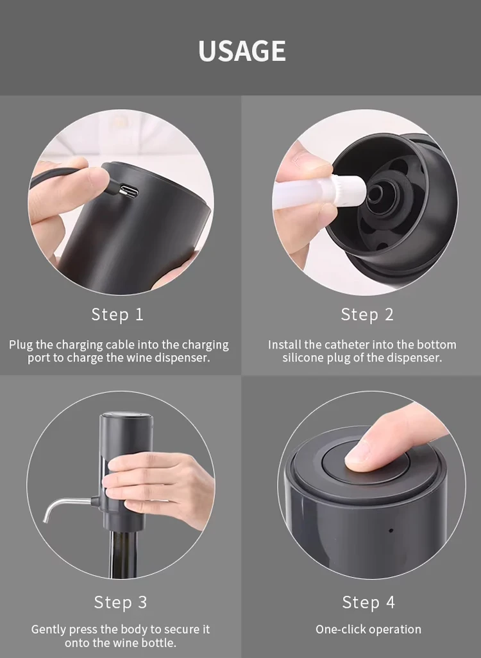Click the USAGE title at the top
[242, 51]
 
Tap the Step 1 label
[117, 315]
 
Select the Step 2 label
[367, 315]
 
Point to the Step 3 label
[121, 602]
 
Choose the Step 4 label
[369, 602]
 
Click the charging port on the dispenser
[128, 192]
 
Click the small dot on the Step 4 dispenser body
[391, 530]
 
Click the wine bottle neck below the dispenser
[124, 553]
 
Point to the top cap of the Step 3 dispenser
[126, 420]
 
